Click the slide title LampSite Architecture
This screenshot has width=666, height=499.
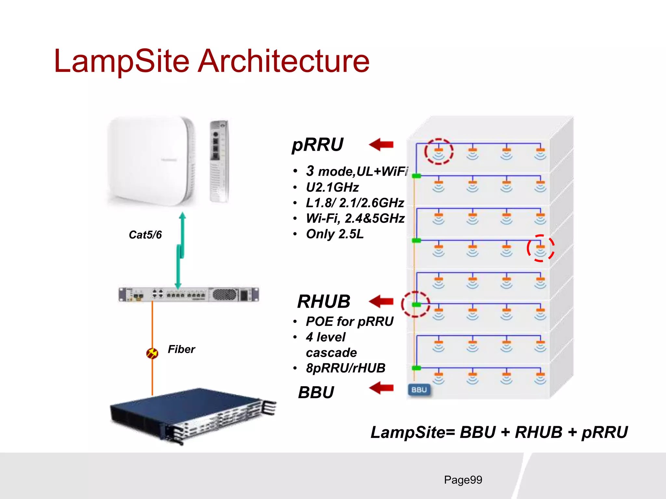(211, 61)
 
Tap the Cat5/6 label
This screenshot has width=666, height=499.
(145, 235)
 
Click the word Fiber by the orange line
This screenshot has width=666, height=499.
(181, 349)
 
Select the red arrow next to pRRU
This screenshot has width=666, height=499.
(381, 145)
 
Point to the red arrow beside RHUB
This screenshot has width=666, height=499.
(381, 301)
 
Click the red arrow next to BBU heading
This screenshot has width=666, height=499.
(381, 388)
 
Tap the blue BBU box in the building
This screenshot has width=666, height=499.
(419, 390)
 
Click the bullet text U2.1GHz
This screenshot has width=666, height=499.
(332, 187)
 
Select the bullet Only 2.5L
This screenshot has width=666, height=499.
(335, 234)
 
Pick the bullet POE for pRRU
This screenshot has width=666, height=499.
(350, 322)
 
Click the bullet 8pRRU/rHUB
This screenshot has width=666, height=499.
(345, 368)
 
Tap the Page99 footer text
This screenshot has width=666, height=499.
(463, 480)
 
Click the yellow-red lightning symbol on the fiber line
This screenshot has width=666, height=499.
(152, 353)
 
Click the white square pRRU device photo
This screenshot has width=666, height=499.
(151, 161)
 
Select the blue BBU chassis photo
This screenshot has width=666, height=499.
(192, 416)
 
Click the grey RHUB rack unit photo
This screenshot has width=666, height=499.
(189, 295)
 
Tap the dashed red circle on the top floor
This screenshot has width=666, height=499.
(439, 151)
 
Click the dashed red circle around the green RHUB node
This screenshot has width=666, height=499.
(415, 304)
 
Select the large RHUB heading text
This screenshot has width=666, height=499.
(324, 301)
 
